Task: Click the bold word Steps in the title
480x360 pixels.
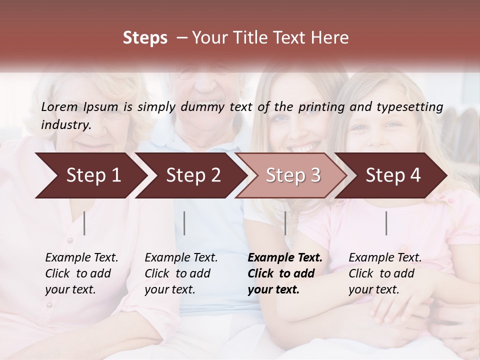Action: (x=145, y=38)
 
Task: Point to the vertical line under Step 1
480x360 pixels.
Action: (x=84, y=223)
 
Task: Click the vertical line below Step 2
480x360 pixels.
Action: (x=184, y=223)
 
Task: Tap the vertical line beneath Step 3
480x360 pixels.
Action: (x=285, y=223)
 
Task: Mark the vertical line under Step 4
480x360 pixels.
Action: (x=386, y=223)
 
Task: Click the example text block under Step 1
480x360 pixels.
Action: (x=81, y=273)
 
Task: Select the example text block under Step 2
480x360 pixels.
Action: (x=181, y=273)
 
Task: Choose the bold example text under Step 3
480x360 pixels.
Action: (x=285, y=273)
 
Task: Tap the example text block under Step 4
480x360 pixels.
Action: (x=385, y=273)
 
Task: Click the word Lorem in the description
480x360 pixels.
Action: (x=59, y=106)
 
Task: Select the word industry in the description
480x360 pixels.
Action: (x=65, y=125)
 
